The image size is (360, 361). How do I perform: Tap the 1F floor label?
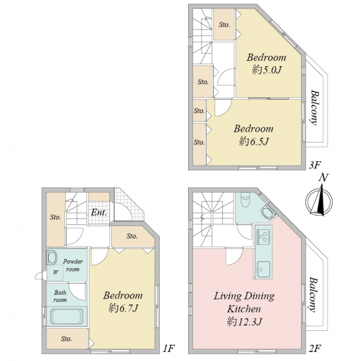(x=169, y=348)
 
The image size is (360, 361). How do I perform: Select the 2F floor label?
(x=315, y=348)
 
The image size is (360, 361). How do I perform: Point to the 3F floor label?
(x=315, y=165)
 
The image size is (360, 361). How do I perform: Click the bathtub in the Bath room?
(x=66, y=316)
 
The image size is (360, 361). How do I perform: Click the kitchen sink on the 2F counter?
(x=263, y=269)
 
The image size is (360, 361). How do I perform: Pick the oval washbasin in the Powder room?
(x=52, y=258)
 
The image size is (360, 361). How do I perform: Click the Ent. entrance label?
(x=99, y=212)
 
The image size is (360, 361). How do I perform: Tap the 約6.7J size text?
(x=123, y=308)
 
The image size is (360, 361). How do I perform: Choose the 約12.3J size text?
(x=244, y=321)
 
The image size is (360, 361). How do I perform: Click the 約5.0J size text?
(x=267, y=70)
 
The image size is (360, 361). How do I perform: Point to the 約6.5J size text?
(x=254, y=141)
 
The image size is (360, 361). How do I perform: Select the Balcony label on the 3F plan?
(x=314, y=108)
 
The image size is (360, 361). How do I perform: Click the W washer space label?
(x=56, y=273)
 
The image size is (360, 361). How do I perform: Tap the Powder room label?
(x=73, y=265)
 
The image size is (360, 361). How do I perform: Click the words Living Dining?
(x=244, y=296)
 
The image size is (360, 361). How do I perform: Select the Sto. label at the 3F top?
(x=224, y=25)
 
